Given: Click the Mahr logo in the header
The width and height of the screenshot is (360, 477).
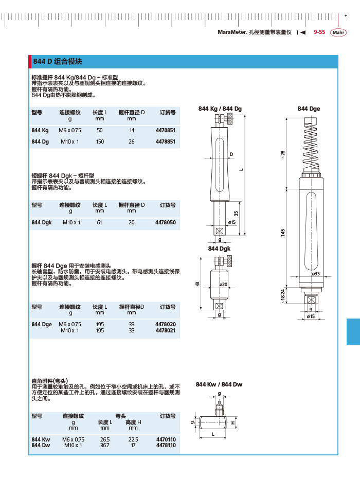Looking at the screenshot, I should (338, 32).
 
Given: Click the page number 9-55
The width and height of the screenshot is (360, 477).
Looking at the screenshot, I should (319, 32).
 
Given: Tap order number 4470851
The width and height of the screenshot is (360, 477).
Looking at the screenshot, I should (165, 131).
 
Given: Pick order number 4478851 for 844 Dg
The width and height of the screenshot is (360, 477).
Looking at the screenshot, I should (165, 142).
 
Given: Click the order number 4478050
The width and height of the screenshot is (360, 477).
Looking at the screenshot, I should (165, 222).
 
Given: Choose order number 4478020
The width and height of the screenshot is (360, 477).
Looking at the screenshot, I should (165, 324).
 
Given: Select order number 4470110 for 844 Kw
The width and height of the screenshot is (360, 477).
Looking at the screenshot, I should (165, 439).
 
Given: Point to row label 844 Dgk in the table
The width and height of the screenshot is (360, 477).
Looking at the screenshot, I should (42, 222).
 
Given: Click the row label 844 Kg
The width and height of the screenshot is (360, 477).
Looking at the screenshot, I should (40, 131).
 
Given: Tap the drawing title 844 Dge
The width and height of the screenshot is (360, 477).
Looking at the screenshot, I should (309, 109).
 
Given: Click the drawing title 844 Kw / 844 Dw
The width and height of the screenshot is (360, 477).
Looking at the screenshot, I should (219, 384).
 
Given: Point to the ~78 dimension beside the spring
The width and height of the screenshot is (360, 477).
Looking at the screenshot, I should (282, 154).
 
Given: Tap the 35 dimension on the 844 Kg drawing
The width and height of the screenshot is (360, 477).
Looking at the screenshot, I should (236, 213).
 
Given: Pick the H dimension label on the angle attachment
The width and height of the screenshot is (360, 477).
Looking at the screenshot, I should (233, 423).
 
